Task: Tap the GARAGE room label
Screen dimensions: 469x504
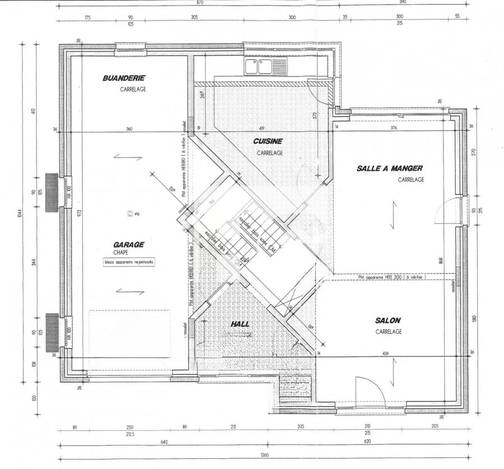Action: (x=129, y=245)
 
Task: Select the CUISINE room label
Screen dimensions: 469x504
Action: (x=267, y=142)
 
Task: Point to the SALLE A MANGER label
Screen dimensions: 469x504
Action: (x=390, y=168)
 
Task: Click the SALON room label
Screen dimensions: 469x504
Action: (x=388, y=320)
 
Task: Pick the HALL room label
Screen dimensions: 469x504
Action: (x=240, y=324)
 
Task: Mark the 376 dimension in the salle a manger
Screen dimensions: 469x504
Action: (x=393, y=128)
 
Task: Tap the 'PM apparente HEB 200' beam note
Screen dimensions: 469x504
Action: (x=391, y=276)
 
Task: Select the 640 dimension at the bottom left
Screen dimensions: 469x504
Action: (x=164, y=442)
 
